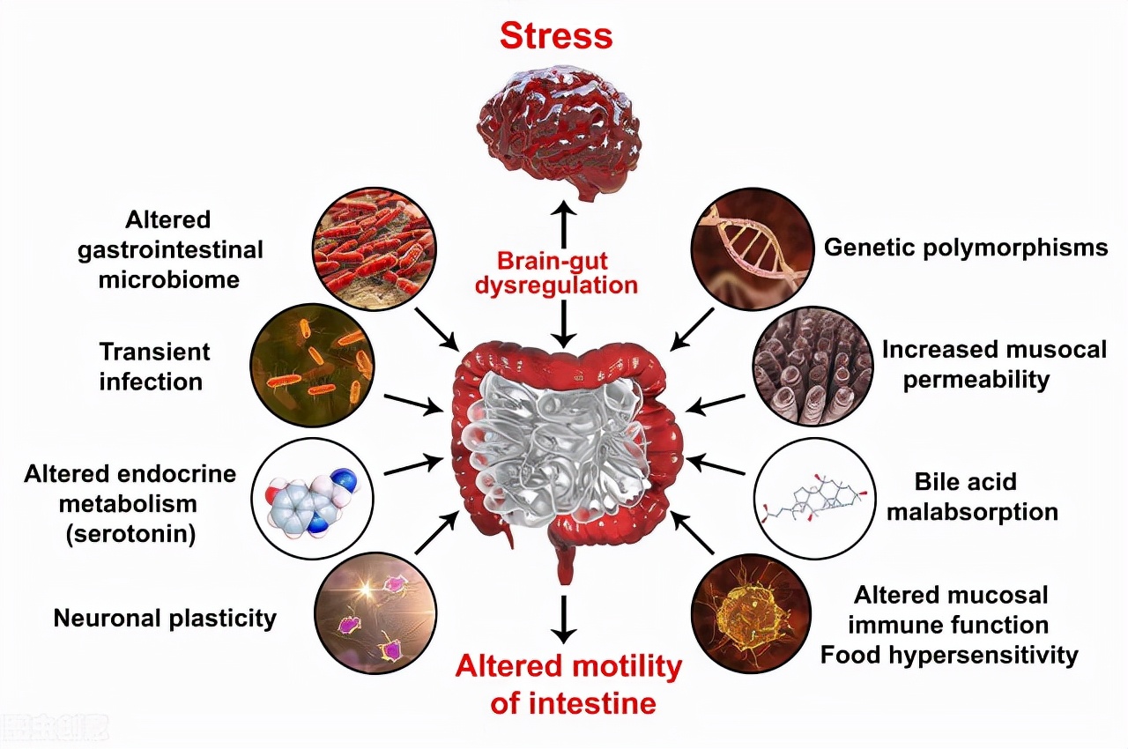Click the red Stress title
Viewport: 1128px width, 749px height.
556,36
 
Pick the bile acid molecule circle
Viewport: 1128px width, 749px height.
812,498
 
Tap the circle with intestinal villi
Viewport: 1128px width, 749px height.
812,365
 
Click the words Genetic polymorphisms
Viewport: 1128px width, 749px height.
966,248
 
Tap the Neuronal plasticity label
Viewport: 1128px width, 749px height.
165,619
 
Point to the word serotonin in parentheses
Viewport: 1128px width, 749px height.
130,534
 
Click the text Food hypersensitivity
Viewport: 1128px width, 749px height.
949,656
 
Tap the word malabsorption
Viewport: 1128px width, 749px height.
972,512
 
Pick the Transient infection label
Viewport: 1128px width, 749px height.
154,367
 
